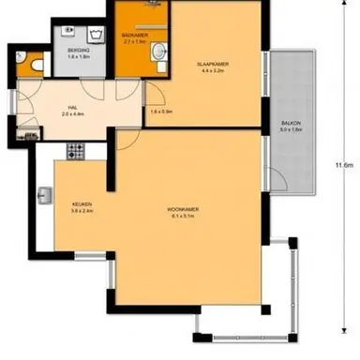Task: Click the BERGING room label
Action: (78, 49)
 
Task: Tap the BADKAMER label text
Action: (135, 36)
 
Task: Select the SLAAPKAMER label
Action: (213, 63)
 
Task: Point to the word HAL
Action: (71, 107)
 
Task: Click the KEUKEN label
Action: (82, 203)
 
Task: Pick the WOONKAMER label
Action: (180, 207)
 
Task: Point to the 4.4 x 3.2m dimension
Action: (213, 69)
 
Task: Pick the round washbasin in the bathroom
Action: (158, 49)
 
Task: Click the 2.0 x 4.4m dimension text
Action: (71, 113)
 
